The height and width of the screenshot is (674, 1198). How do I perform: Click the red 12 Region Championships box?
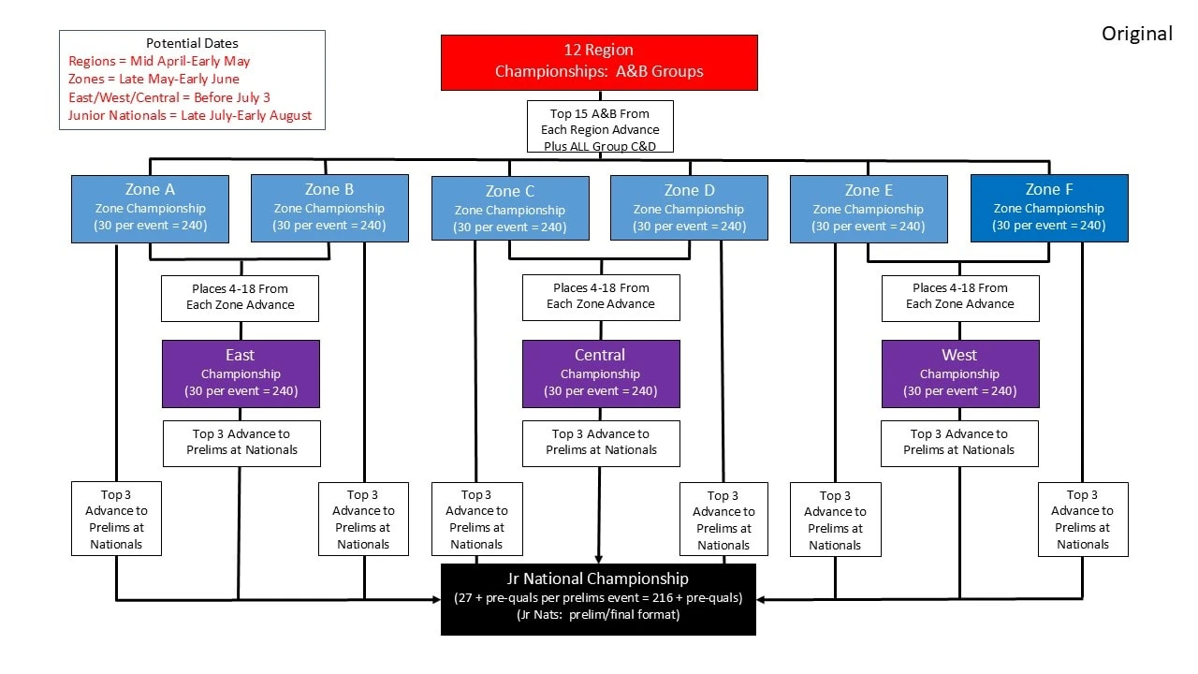[599, 62]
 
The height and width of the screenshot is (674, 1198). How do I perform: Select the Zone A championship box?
[150, 208]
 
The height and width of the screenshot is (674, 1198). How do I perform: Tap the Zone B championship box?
[329, 208]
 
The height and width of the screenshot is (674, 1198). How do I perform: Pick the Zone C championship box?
[510, 209]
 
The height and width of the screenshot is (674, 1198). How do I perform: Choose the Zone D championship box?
[689, 208]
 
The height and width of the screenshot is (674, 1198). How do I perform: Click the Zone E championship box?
[869, 208]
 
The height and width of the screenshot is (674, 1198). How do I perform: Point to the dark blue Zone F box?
[1049, 208]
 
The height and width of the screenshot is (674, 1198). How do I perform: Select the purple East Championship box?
[241, 374]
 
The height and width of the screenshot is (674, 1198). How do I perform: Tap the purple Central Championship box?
[601, 374]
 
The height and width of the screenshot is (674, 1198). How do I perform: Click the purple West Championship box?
[960, 374]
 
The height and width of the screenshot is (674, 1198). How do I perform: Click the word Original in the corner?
[1136, 34]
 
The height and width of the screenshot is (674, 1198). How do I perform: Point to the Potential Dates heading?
[192, 43]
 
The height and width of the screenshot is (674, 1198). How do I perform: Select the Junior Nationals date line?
[190, 116]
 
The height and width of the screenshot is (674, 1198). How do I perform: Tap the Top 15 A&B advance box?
[599, 130]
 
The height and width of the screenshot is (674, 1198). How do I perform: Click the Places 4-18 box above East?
[241, 297]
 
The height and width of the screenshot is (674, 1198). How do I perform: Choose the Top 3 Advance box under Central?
[601, 443]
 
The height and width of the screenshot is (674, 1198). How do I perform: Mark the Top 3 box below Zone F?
[1083, 520]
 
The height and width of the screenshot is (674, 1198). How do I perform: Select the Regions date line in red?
[159, 61]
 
